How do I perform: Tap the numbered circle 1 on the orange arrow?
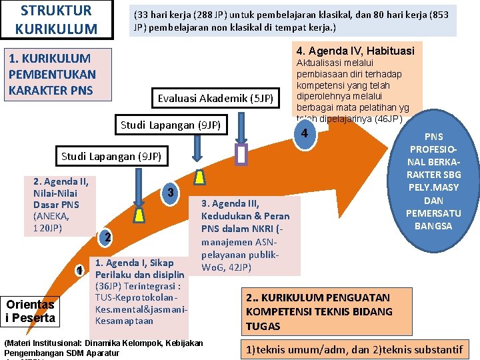pyautogui.click(x=79, y=271)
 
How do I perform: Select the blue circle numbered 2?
pyautogui.click(x=106, y=238)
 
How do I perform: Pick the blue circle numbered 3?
pyautogui.click(x=171, y=193)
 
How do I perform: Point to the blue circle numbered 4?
pyautogui.click(x=304, y=133)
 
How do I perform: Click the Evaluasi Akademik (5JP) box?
pyautogui.click(x=215, y=99)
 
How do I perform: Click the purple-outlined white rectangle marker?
pyautogui.click(x=242, y=155)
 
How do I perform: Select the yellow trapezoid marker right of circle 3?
pyautogui.click(x=199, y=177)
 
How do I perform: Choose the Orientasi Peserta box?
pyautogui.click(x=31, y=311)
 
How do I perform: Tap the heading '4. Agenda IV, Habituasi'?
pyautogui.click(x=355, y=51)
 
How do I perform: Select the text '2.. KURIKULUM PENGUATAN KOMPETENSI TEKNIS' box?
pyautogui.click(x=319, y=311)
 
